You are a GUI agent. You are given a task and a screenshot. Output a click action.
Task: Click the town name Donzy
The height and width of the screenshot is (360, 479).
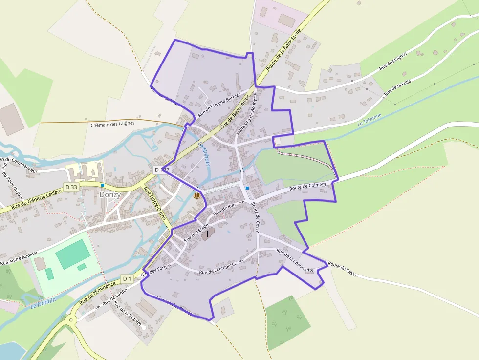[x=110, y=194]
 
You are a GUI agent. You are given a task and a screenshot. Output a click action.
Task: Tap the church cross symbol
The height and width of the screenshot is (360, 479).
[x=207, y=234]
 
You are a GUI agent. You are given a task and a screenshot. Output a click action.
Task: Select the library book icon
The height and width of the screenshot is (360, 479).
[x=197, y=195]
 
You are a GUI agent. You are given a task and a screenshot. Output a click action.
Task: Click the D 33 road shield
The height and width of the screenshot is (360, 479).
[x=71, y=187]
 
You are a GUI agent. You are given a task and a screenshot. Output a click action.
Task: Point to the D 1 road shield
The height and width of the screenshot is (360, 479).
[x=127, y=278]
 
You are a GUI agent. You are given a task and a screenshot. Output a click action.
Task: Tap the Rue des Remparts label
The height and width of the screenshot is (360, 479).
[x=218, y=268]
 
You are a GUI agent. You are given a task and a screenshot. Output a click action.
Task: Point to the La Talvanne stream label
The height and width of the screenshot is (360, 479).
[x=370, y=121]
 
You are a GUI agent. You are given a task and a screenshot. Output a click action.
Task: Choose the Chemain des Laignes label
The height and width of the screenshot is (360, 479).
[x=112, y=124]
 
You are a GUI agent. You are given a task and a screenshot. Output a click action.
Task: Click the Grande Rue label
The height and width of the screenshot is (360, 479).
[x=224, y=209]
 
